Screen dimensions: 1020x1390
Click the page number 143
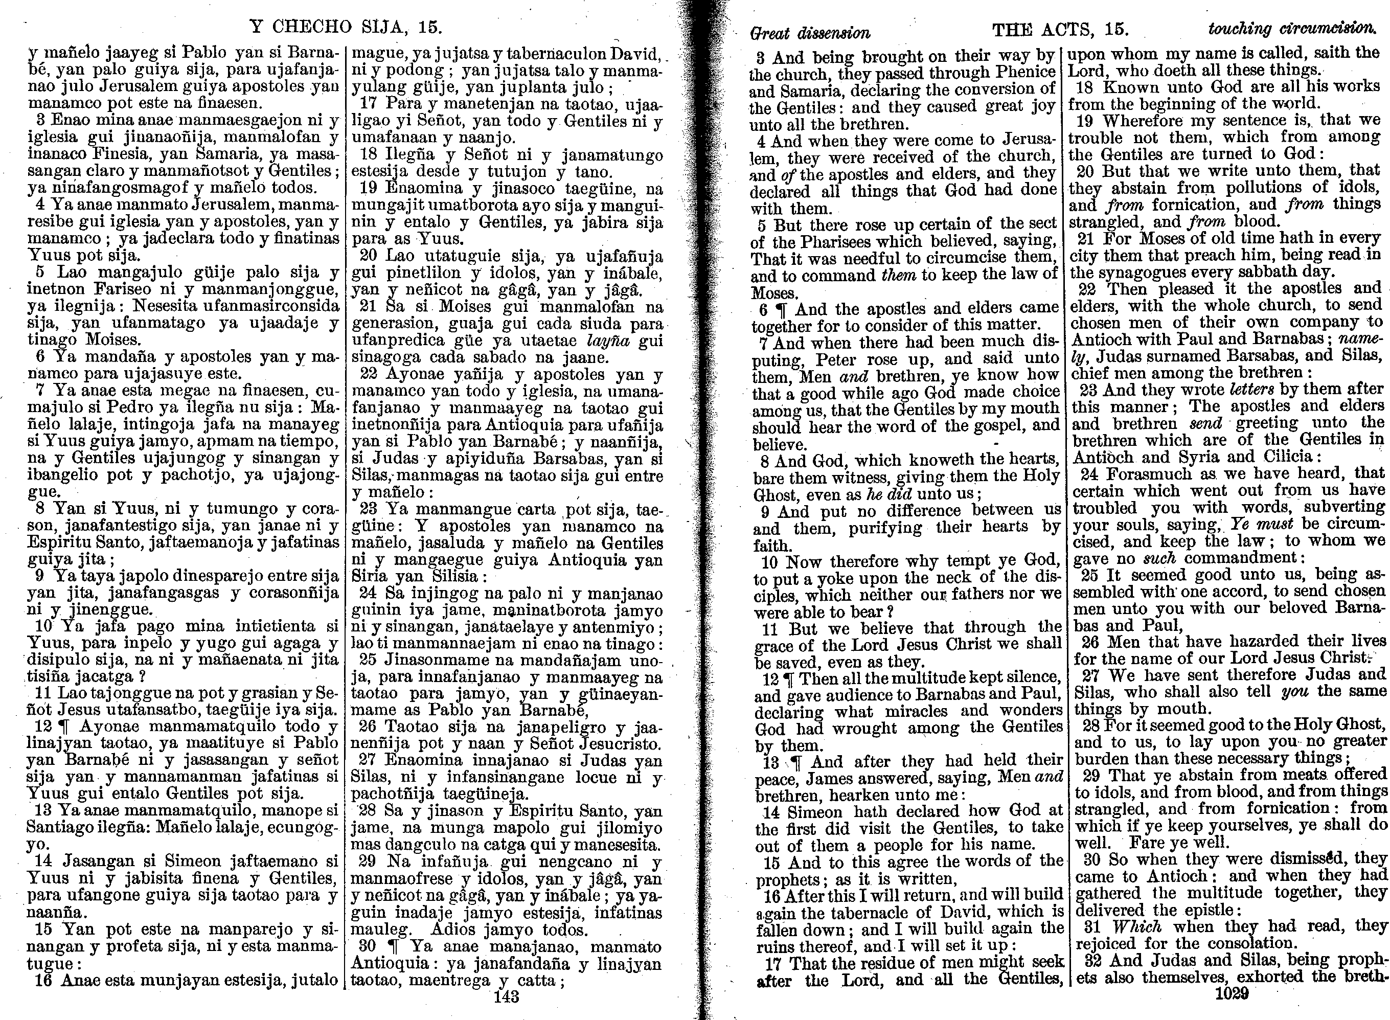pyautogui.click(x=506, y=996)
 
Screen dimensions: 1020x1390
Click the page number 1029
pyautogui.click(x=1232, y=993)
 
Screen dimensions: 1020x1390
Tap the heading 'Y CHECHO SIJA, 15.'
pyautogui.click(x=346, y=27)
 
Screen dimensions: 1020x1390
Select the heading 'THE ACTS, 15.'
pyautogui.click(x=1060, y=29)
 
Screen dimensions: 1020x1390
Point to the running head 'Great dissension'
pyautogui.click(x=809, y=33)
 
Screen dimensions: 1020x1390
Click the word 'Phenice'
pyautogui.click(x=1026, y=73)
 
